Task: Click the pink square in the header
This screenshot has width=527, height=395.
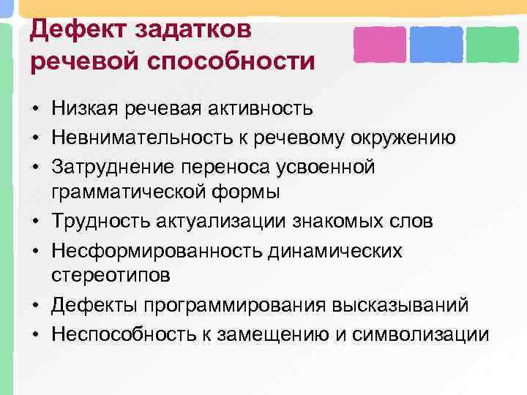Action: (379, 44)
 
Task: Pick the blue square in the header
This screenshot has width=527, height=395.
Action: (436, 44)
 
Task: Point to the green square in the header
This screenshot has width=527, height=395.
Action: (492, 44)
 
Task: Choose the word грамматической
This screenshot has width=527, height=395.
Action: (129, 194)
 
